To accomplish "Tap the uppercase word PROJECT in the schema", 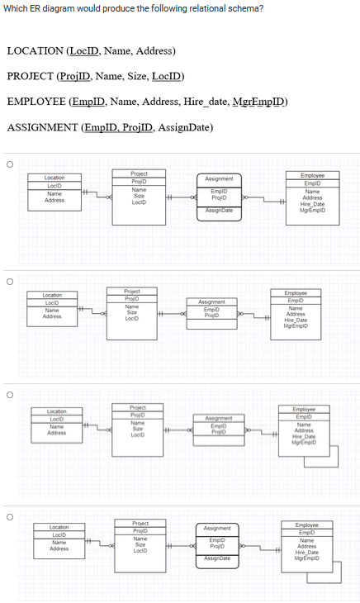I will tap(31, 77).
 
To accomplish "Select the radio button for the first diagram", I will tap(9, 164).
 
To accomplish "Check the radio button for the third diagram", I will tap(9, 394).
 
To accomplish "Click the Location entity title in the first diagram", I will tap(54, 178).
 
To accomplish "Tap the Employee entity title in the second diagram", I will tap(296, 293).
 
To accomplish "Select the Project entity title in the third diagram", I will tap(138, 407).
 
